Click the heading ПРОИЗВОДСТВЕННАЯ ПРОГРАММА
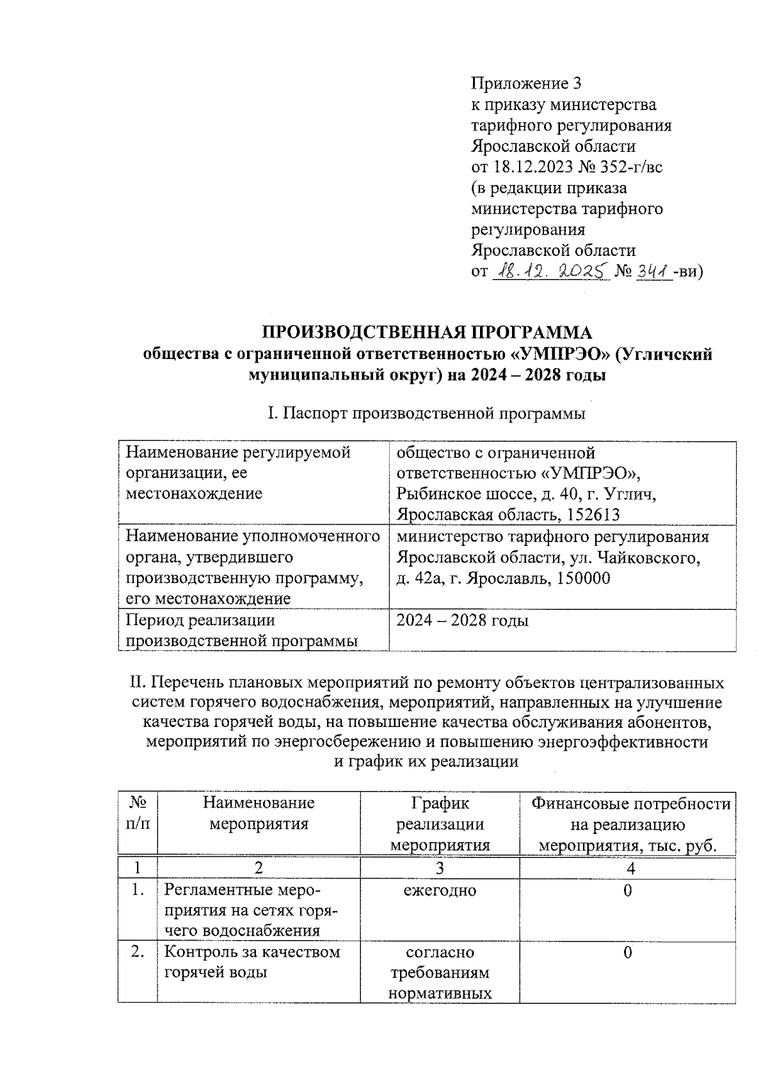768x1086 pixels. click(428, 332)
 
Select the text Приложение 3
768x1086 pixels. click(526, 84)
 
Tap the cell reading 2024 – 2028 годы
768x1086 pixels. click(462, 620)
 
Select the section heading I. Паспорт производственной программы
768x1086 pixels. click(426, 413)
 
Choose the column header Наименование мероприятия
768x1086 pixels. click(259, 813)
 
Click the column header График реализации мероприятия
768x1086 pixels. click(440, 824)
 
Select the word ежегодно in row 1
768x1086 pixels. click(440, 890)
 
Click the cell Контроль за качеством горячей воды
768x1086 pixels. click(252, 962)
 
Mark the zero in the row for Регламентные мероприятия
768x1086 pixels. click(627, 890)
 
